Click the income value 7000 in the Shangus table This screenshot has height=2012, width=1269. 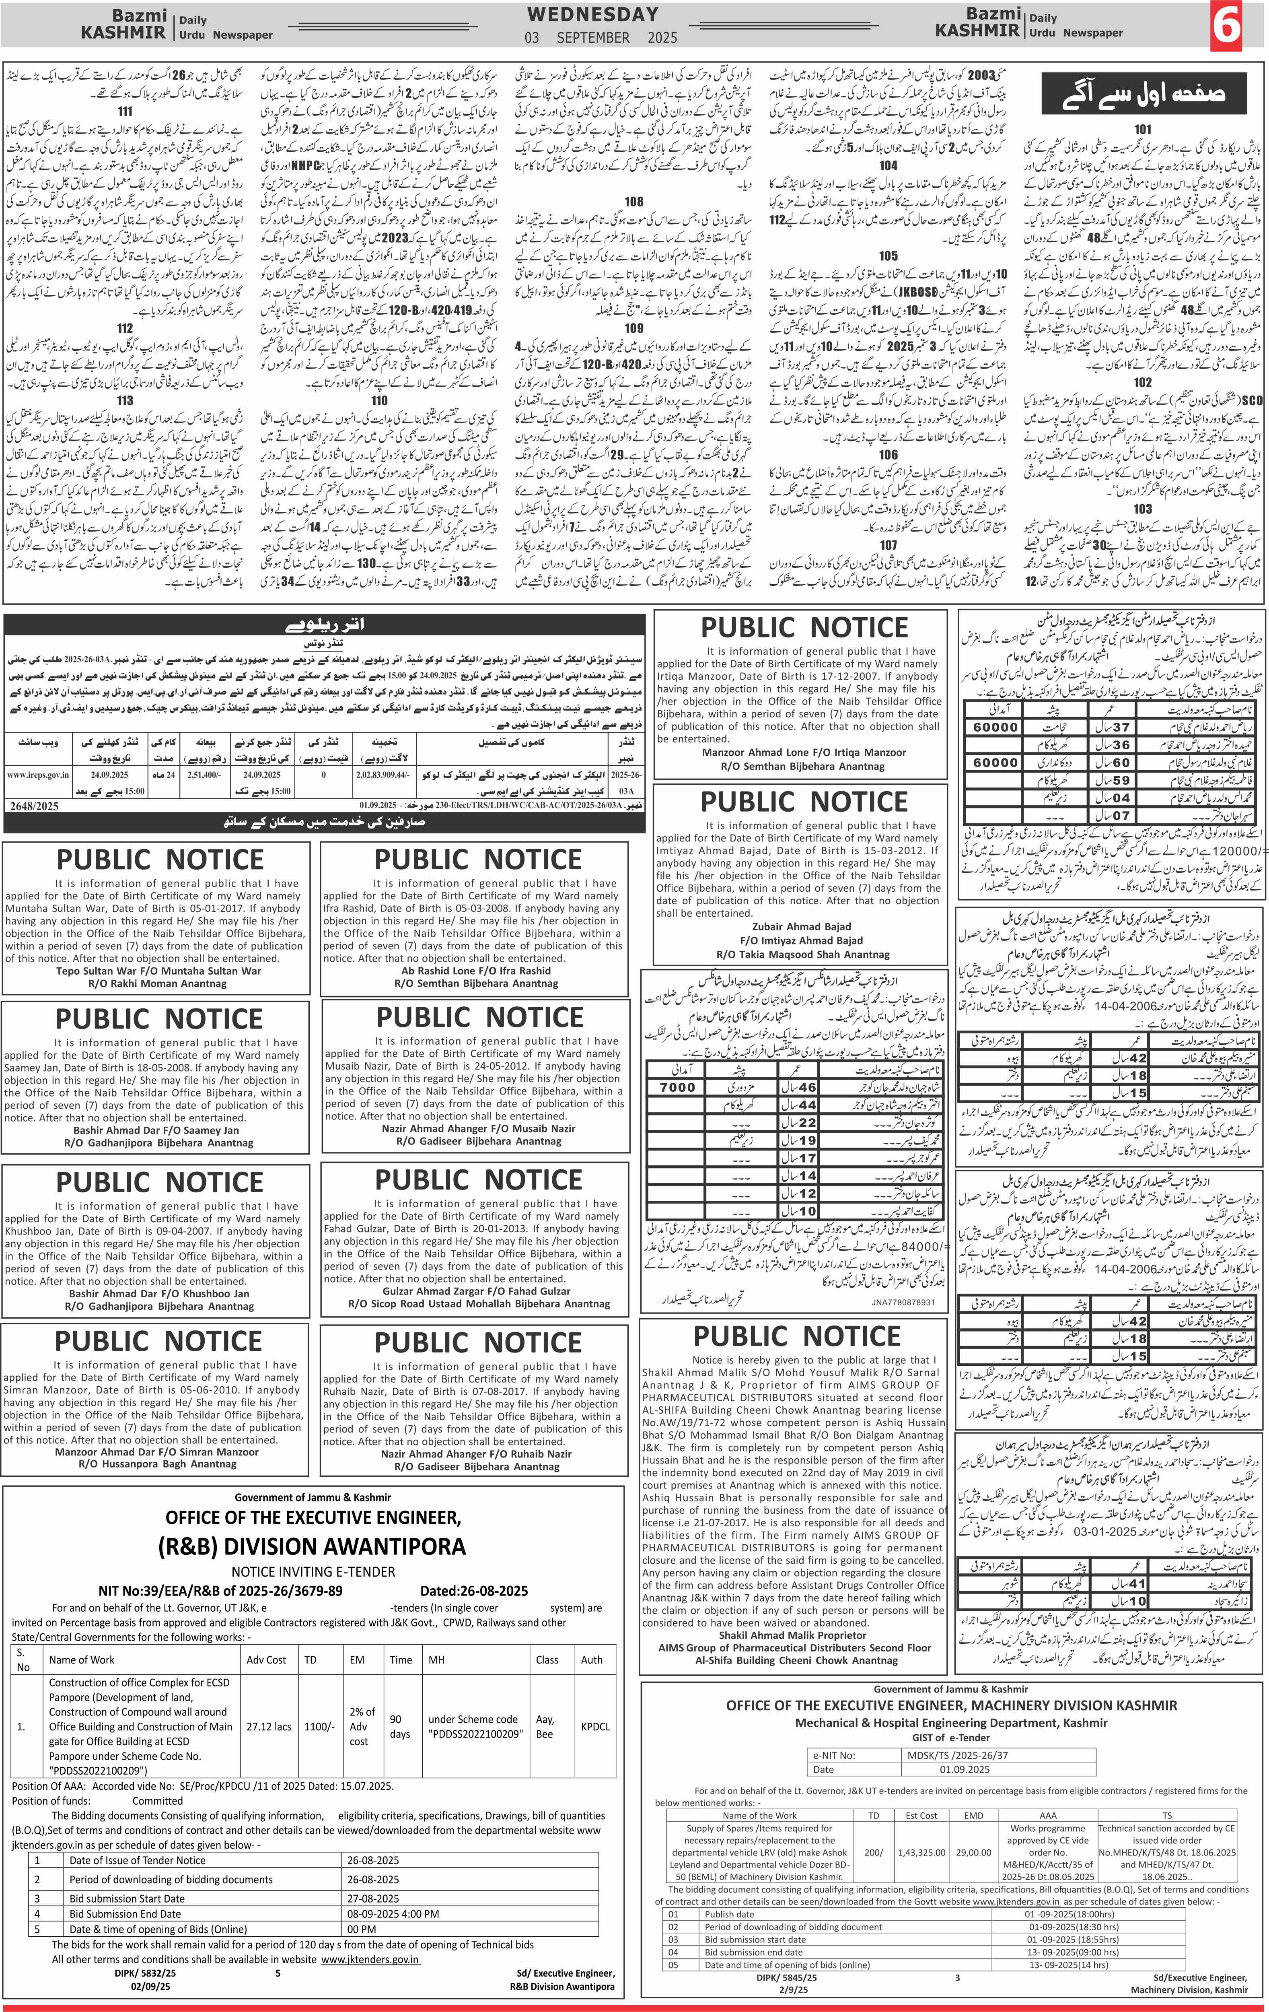(677, 1087)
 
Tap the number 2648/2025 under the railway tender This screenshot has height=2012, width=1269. (35, 806)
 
